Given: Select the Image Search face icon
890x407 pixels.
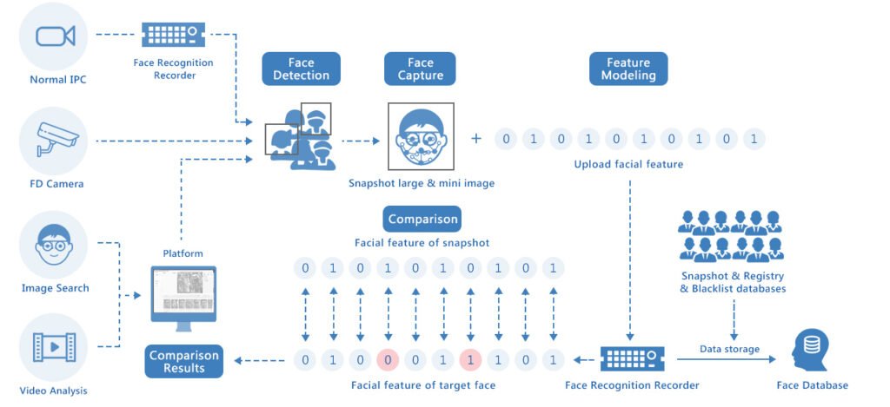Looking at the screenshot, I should click(54, 245).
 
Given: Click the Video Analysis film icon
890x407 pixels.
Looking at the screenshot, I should click(54, 346).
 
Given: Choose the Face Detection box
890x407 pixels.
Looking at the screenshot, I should click(302, 69).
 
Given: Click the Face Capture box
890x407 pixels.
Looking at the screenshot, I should click(421, 69).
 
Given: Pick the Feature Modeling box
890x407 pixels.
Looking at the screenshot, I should click(628, 69).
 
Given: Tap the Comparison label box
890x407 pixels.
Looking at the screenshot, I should click(421, 220).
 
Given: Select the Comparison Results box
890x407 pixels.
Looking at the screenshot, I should click(183, 361).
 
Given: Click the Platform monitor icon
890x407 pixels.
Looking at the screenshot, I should click(183, 296).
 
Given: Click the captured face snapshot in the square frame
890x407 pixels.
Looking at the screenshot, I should click(421, 138).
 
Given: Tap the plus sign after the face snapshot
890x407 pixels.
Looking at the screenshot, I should click(475, 138).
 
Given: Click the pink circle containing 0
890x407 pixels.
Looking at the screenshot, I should click(388, 358).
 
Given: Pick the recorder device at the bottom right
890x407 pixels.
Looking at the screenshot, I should click(632, 358).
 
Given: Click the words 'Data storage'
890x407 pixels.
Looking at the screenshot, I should click(730, 349).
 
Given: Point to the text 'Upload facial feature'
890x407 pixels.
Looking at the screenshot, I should click(628, 164).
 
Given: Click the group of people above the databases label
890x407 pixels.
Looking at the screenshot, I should click(731, 235).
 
